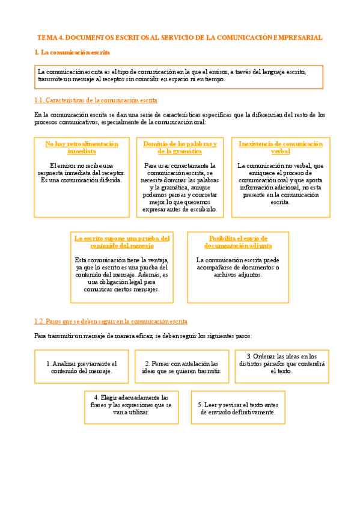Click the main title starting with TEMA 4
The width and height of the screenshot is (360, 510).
click(180, 37)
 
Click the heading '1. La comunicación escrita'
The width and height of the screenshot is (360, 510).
click(72, 53)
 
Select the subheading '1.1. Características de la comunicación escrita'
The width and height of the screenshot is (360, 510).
click(96, 100)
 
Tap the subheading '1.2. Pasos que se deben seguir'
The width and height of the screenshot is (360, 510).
click(111, 321)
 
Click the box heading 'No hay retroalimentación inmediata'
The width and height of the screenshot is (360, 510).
click(82, 147)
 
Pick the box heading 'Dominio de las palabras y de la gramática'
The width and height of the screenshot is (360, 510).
click(180, 147)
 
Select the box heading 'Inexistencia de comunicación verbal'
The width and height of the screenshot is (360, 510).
click(280, 147)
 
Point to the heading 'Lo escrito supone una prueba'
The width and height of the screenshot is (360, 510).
click(122, 242)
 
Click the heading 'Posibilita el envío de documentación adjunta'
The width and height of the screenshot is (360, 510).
click(238, 242)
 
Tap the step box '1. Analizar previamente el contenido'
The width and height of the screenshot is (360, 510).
click(82, 367)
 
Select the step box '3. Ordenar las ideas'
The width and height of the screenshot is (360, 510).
click(281, 363)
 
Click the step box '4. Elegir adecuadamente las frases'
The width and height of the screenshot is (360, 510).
click(131, 405)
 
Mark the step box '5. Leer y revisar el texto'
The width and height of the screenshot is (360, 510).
click(237, 408)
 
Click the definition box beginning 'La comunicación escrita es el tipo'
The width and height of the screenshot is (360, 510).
click(178, 76)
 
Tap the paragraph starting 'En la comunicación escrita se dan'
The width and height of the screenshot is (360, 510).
click(179, 118)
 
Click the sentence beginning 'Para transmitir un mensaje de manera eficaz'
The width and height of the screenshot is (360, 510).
click(143, 336)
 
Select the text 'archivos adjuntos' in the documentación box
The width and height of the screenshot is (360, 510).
click(238, 274)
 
